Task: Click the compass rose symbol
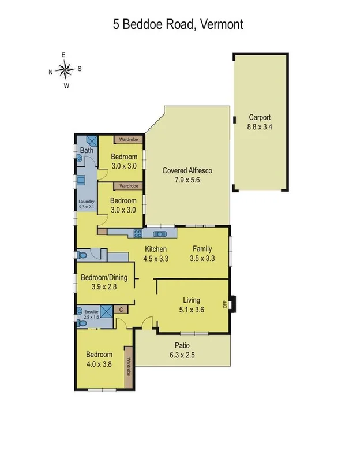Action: (x=65, y=70)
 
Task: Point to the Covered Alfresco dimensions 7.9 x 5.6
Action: (x=188, y=180)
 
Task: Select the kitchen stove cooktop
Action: (x=138, y=234)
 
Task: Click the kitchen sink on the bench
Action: (x=159, y=234)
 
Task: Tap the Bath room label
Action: (x=87, y=151)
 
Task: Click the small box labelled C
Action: (x=122, y=310)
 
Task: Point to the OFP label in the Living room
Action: (x=225, y=304)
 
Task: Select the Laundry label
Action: (x=85, y=202)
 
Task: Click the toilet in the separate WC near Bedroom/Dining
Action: (x=83, y=255)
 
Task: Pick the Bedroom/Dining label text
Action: (x=103, y=277)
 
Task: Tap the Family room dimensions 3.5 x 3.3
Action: (x=202, y=258)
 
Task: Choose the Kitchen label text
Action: (x=155, y=249)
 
